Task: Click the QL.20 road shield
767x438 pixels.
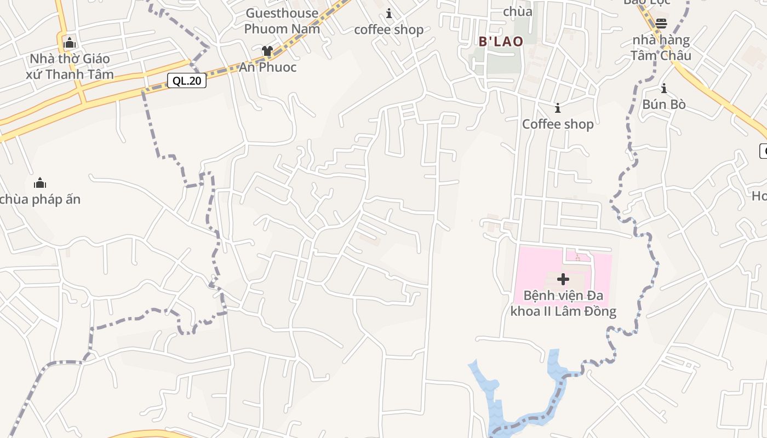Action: [187, 81]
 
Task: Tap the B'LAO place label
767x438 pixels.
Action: [501, 42]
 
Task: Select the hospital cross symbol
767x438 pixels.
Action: [563, 279]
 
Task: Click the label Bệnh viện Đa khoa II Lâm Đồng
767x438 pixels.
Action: [563, 304]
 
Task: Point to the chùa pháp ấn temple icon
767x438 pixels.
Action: [40, 183]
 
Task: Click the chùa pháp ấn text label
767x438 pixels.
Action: [41, 199]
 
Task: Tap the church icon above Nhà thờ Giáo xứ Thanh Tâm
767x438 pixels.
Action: [70, 42]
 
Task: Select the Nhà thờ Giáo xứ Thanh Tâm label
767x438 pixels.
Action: [70, 66]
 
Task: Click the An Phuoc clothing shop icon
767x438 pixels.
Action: [267, 51]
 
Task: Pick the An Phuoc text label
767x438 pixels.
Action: [268, 67]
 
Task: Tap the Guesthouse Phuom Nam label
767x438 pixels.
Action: [282, 21]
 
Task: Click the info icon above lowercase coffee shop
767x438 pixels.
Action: [389, 13]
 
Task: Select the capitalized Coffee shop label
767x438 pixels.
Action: [558, 124]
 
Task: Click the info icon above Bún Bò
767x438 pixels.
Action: [664, 88]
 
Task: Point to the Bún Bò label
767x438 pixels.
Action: [664, 104]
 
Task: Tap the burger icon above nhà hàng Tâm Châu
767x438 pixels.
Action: [661, 24]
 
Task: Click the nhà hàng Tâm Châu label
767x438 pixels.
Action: [661, 48]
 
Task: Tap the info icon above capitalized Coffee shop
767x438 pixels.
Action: [558, 108]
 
